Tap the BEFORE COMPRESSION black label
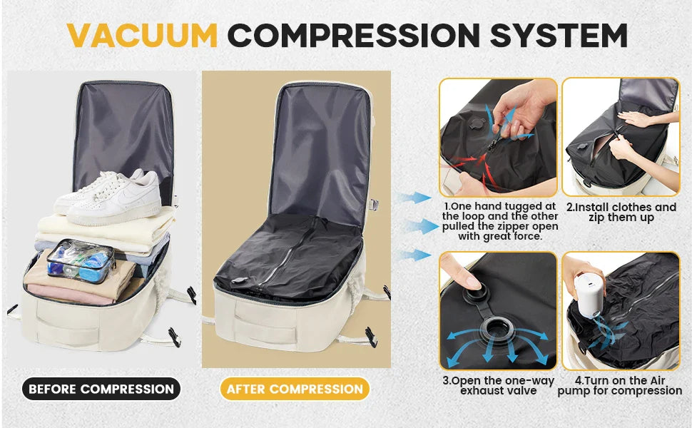click(x=101, y=389)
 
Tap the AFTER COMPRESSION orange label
click(x=294, y=389)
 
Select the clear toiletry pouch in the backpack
click(x=80, y=259)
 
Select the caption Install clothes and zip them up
click(x=621, y=213)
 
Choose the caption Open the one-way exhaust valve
click(x=497, y=386)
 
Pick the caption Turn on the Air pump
click(x=619, y=386)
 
